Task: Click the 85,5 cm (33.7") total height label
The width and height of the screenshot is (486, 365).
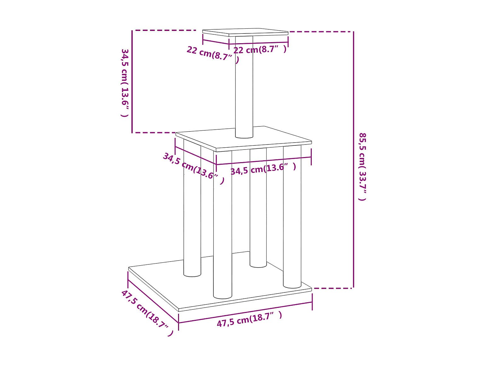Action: click(362, 166)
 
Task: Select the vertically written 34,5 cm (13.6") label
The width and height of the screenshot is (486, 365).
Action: click(125, 83)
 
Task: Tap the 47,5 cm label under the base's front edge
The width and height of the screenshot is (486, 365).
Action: click(249, 319)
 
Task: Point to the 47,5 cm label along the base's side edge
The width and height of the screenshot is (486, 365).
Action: click(147, 313)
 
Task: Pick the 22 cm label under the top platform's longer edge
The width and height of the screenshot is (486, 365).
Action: click(260, 50)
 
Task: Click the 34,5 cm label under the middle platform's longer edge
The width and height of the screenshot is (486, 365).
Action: click(263, 169)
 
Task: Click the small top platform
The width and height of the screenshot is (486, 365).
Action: click(245, 32)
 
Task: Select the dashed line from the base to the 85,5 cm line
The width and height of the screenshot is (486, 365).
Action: click(333, 288)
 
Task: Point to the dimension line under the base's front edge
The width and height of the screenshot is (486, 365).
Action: click(245, 312)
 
